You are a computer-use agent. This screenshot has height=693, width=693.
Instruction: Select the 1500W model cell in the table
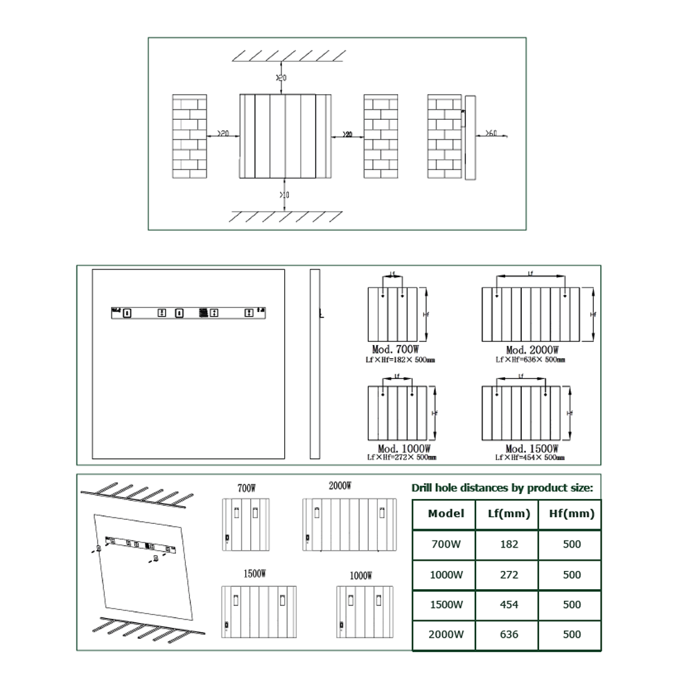(x=444, y=604)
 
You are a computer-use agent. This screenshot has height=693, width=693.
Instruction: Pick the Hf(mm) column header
(x=570, y=514)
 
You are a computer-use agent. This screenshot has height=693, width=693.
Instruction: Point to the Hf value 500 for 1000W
(x=572, y=574)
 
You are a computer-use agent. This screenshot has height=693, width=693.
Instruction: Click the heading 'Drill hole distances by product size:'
(x=502, y=487)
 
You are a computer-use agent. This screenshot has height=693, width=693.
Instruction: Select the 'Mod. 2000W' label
(x=532, y=351)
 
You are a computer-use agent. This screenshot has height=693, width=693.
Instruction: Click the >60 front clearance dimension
(x=490, y=132)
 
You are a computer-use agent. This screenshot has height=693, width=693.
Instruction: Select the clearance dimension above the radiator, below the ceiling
(x=281, y=77)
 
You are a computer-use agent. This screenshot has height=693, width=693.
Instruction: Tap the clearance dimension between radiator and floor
(x=284, y=195)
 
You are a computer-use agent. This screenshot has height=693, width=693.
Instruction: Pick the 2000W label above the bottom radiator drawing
(x=340, y=486)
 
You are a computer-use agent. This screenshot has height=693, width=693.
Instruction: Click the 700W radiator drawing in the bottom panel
(x=245, y=524)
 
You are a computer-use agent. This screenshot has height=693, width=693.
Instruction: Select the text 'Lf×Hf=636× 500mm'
(x=530, y=360)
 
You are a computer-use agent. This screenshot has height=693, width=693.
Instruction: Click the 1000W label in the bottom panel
(x=361, y=576)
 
